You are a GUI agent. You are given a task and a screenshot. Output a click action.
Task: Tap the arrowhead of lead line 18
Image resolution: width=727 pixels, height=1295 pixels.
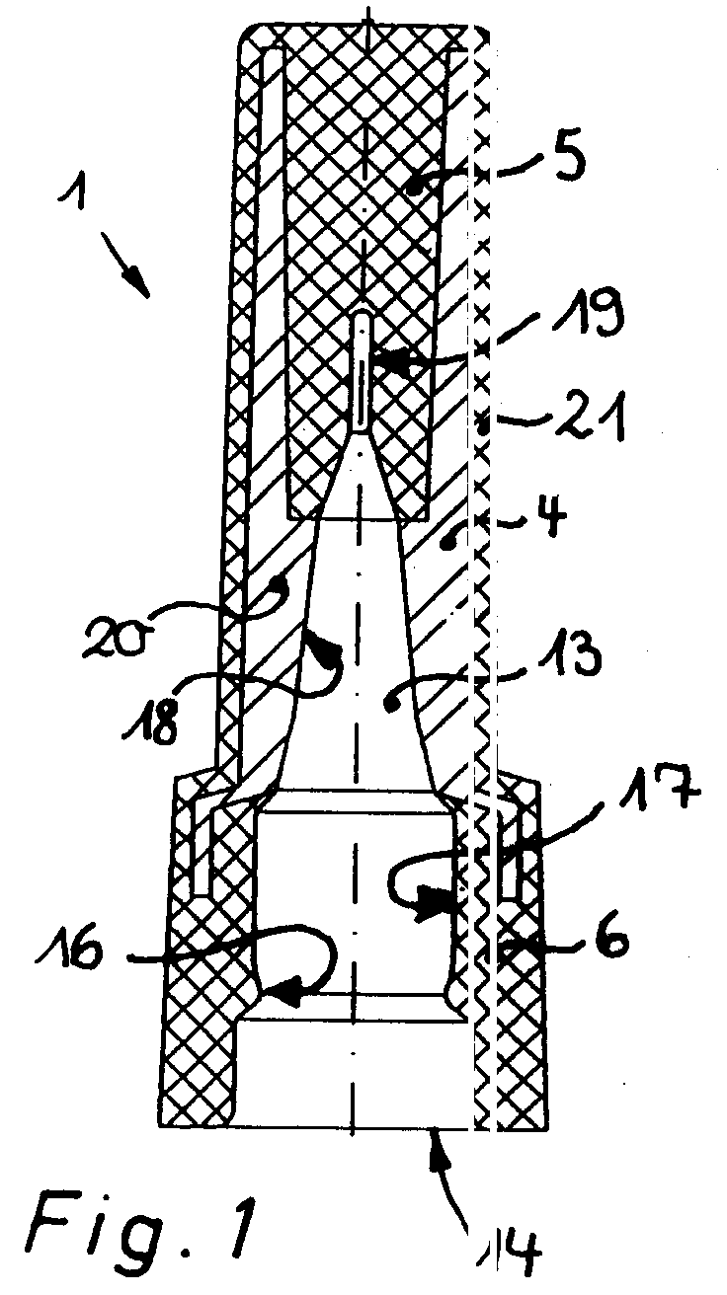pyautogui.click(x=325, y=652)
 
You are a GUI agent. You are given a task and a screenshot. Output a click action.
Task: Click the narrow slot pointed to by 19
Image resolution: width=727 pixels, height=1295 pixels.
pyautogui.click(x=362, y=370)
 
